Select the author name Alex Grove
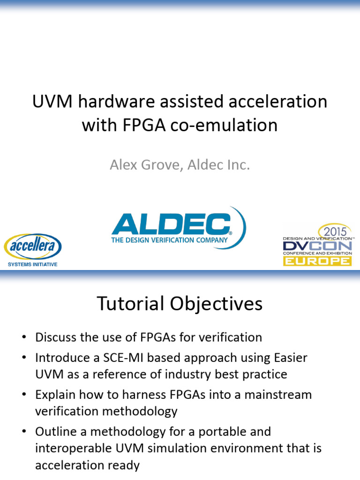(x=142, y=165)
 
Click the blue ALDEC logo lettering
(x=171, y=225)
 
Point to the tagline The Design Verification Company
(x=169, y=240)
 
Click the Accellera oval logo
(x=33, y=247)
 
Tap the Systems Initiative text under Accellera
(x=33, y=264)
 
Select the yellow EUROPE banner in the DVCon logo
(x=317, y=261)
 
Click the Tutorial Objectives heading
(x=180, y=304)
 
